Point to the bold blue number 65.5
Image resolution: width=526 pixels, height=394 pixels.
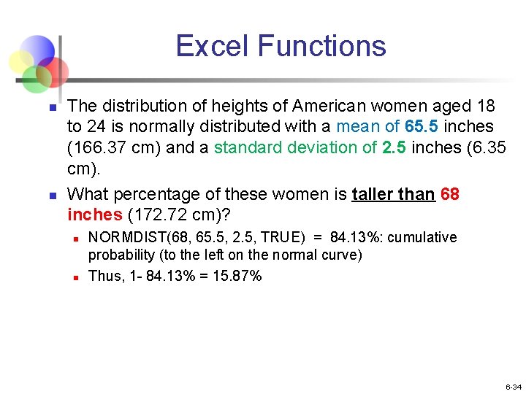click(419, 126)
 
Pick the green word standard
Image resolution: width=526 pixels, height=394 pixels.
click(248, 147)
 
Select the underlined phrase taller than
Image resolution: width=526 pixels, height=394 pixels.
click(393, 195)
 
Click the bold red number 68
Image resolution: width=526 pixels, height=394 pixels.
click(450, 195)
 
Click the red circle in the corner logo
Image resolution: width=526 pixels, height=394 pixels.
click(54, 72)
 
